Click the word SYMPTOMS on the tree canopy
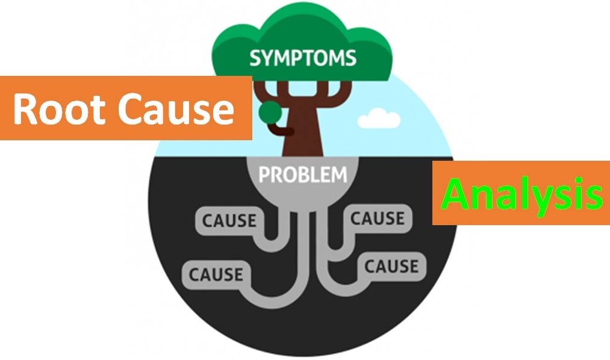[303, 58]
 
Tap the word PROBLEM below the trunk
[303, 175]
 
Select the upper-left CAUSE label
[229, 221]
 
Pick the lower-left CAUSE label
[216, 274]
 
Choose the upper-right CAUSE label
[377, 218]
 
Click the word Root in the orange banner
[58, 109]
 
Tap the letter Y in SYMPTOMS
[267, 58]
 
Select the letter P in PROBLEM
[264, 175]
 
